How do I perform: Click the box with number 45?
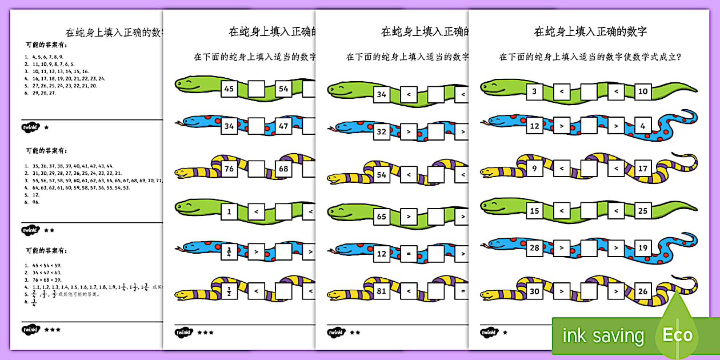[x=229, y=89]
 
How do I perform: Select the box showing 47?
[x=284, y=126]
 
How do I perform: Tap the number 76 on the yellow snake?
[x=229, y=169]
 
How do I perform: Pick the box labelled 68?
[x=284, y=169]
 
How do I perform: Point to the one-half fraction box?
[x=229, y=291]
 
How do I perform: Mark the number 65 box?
[x=382, y=217]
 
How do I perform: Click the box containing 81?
[x=382, y=291]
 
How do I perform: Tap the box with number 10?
[x=643, y=91]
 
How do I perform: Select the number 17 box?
[x=643, y=169]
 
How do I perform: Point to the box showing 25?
[x=643, y=211]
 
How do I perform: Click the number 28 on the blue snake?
[x=534, y=248]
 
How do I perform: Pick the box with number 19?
[x=643, y=248]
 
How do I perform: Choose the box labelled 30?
[x=534, y=291]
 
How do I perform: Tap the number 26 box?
[x=643, y=291]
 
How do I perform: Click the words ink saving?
[x=602, y=336]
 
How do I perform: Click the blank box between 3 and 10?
[x=589, y=91]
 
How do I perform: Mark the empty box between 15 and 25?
[x=589, y=211]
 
